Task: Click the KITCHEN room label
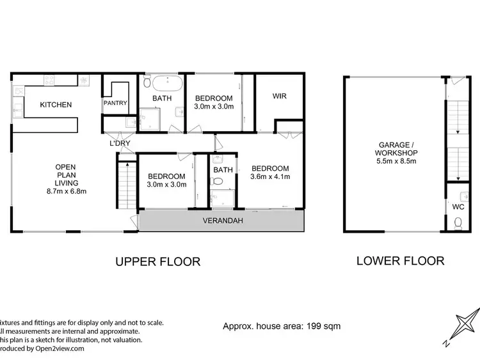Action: (x=56, y=105)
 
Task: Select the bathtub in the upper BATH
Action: (x=165, y=83)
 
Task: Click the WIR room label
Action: (x=279, y=97)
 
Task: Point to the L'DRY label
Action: (x=119, y=143)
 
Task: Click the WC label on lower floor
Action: (x=458, y=207)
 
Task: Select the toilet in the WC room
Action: (x=458, y=223)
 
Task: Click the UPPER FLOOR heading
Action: (x=157, y=262)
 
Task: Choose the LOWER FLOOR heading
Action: (x=400, y=261)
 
